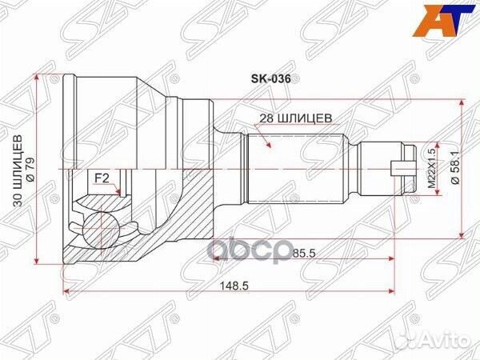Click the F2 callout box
point(102,178)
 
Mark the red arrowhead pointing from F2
point(120,192)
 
